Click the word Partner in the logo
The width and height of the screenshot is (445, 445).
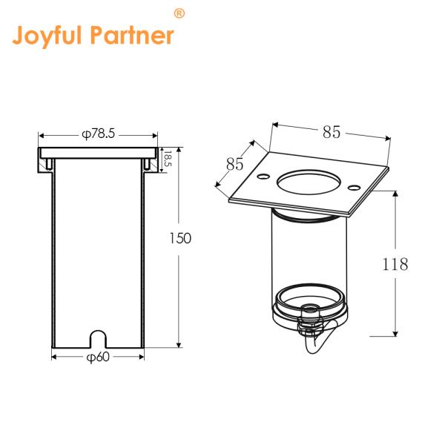tap(132, 35)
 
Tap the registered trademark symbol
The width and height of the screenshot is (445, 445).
tap(179, 13)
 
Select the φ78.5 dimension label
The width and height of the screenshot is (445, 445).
tap(98, 133)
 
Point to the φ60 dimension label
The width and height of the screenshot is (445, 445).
tap(98, 357)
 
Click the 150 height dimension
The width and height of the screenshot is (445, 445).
tap(180, 238)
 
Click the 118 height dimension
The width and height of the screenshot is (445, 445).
tap(395, 264)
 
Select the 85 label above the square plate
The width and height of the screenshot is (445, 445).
tap(332, 132)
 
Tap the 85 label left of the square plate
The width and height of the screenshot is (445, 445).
tap(234, 164)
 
